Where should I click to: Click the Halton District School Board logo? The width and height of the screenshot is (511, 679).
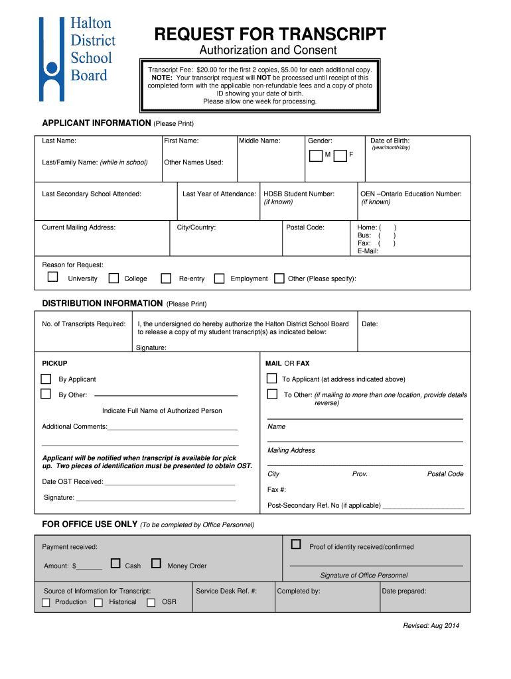(x=77, y=50)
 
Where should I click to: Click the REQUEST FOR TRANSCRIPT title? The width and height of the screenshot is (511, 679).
(x=269, y=35)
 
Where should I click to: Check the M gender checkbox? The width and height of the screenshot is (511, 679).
(x=316, y=156)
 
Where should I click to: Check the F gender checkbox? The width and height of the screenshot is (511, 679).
(x=340, y=156)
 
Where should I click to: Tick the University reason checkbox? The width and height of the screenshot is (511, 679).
(x=52, y=277)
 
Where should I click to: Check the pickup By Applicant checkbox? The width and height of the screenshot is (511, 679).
(x=46, y=379)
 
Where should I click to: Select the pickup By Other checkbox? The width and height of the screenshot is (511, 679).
(x=46, y=394)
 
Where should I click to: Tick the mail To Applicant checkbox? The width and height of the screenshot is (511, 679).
(x=271, y=379)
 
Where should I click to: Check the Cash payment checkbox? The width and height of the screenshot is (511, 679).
(x=115, y=564)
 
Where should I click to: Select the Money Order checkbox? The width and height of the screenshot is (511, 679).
(x=156, y=564)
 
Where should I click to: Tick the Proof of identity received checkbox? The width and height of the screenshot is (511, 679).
(x=296, y=544)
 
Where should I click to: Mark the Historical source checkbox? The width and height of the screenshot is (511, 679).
(x=98, y=603)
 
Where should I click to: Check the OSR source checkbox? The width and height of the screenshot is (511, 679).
(x=151, y=603)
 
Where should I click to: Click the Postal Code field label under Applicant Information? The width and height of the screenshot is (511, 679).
(x=305, y=227)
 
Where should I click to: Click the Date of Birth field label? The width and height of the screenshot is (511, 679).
(x=390, y=141)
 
